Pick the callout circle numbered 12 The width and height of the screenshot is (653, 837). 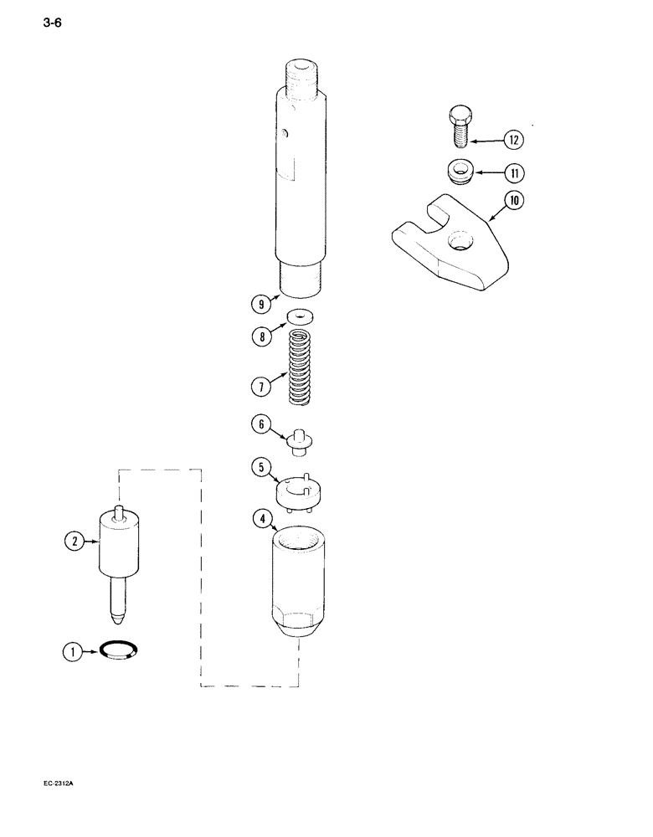(x=512, y=138)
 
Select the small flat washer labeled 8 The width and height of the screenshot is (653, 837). (x=299, y=316)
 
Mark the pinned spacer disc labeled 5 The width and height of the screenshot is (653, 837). (x=299, y=490)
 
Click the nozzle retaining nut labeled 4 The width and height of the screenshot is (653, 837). (x=299, y=586)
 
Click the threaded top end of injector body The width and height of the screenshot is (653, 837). (x=301, y=72)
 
